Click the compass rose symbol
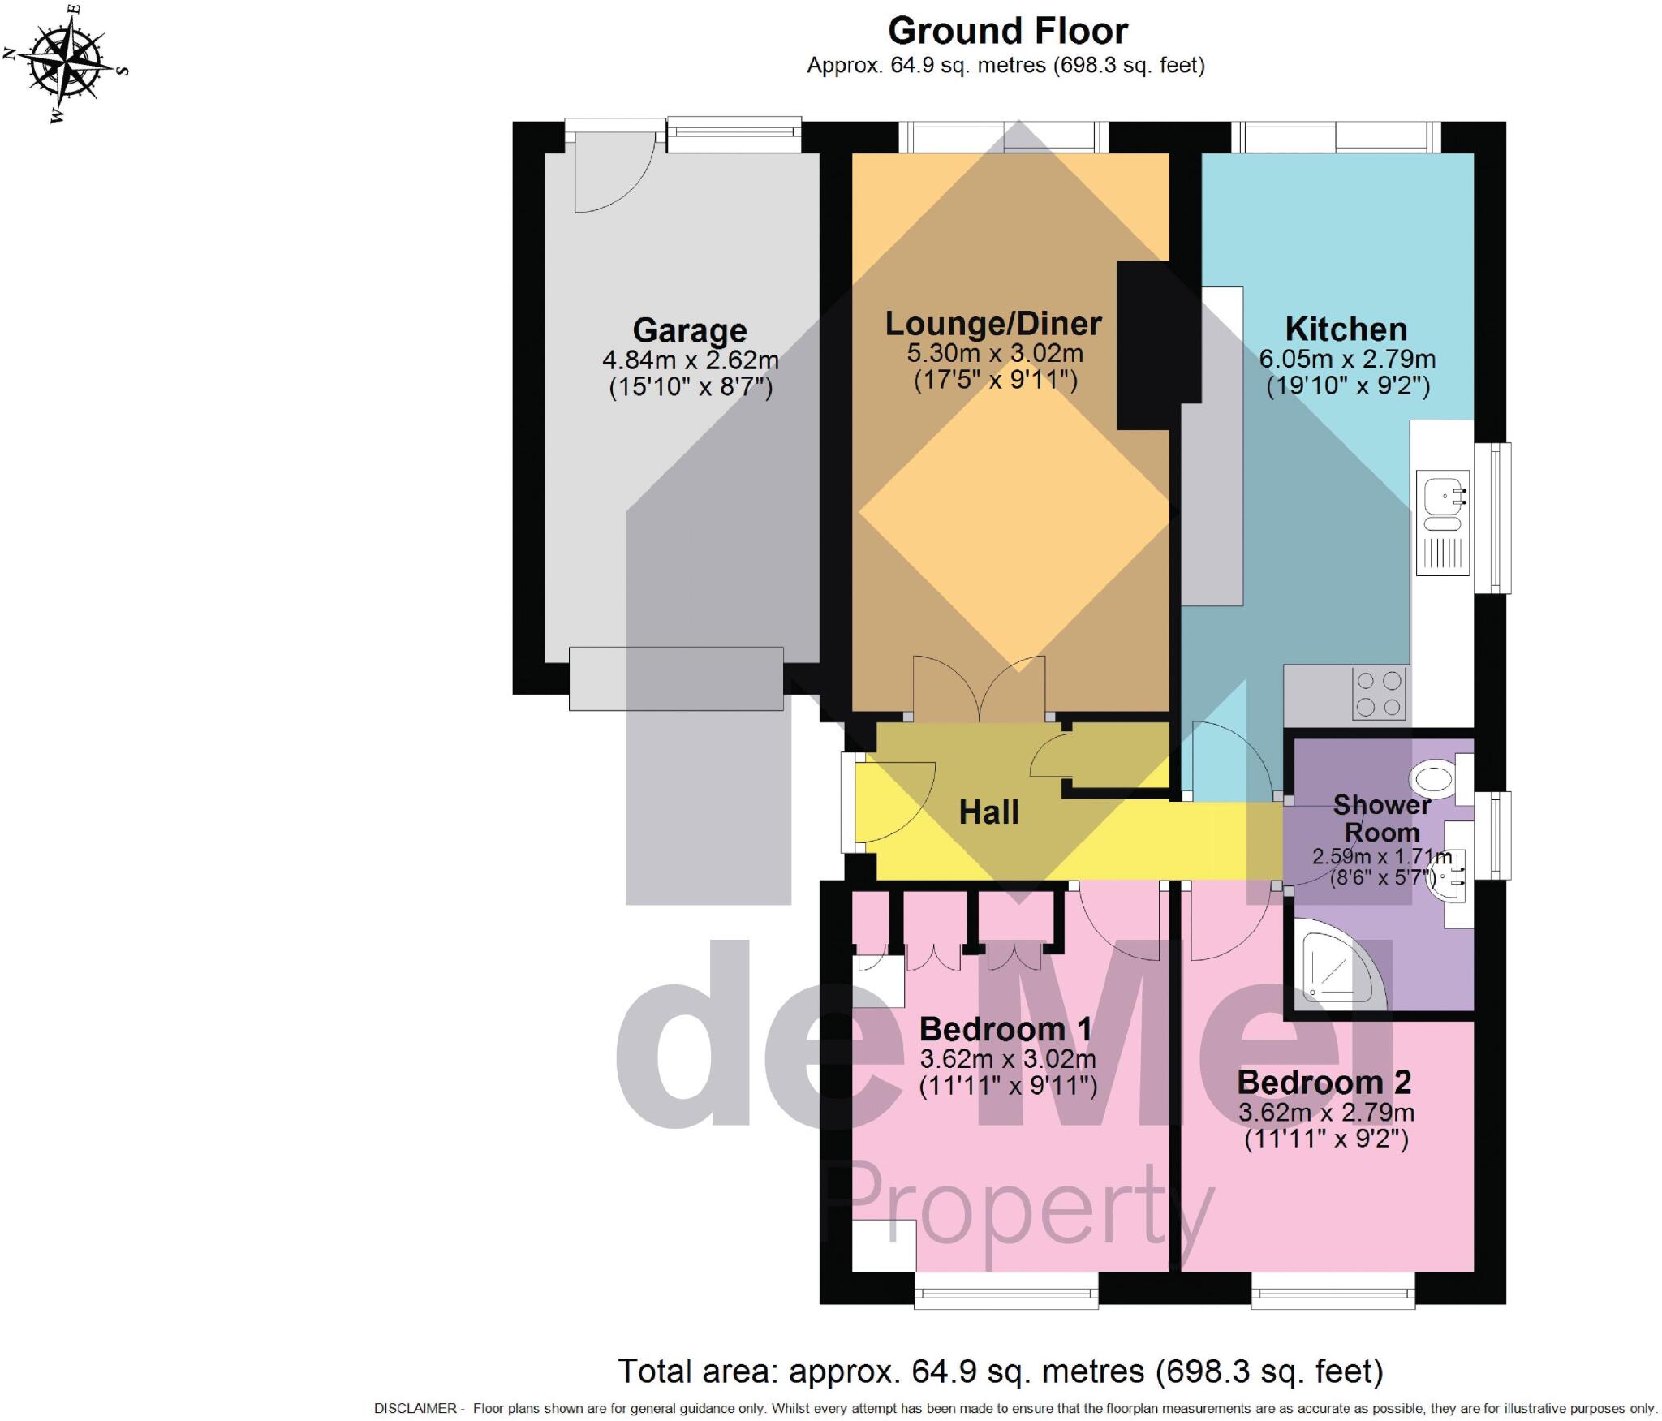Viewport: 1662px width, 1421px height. [x=65, y=62]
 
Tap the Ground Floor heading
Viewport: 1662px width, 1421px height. [x=1007, y=31]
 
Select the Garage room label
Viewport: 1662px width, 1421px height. [x=689, y=330]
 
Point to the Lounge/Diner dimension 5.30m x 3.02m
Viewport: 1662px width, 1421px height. [x=994, y=353]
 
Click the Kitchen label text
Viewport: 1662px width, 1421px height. [x=1346, y=329]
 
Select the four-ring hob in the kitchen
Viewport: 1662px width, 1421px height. [x=1378, y=693]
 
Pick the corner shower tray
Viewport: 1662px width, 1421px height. [x=1331, y=966]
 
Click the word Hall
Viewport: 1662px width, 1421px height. [x=988, y=812]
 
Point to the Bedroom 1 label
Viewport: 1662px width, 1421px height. [x=1005, y=1029]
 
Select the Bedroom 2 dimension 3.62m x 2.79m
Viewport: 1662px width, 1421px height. [x=1326, y=1111]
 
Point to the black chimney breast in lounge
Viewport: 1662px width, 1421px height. [x=1146, y=345]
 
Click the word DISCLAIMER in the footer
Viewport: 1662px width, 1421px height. [x=415, y=1408]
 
